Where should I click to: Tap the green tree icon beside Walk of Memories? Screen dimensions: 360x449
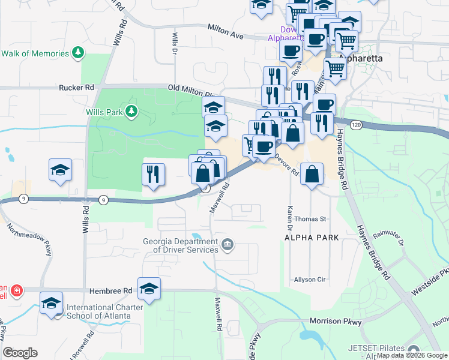77,53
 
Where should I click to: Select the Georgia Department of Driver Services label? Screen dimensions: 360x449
179,245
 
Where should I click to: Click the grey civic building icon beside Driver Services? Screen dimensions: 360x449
228,244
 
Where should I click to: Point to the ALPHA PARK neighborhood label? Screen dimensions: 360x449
312,238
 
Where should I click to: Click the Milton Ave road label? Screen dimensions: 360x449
225,32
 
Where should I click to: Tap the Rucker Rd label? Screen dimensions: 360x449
76,87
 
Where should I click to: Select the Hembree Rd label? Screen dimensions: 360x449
110,291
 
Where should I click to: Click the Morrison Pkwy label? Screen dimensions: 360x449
336,322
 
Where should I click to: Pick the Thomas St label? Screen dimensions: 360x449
310,220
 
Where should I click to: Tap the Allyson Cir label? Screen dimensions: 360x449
309,280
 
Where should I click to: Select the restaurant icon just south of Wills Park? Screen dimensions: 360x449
152,174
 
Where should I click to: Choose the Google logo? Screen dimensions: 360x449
20,353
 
